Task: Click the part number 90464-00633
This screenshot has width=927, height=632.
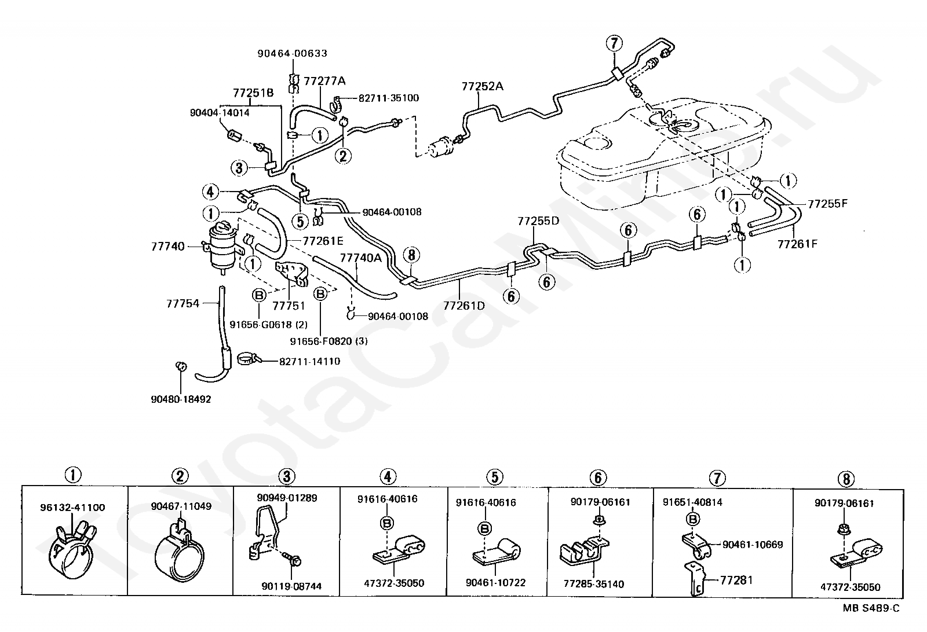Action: click(x=292, y=53)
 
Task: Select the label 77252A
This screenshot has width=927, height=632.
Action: click(x=482, y=86)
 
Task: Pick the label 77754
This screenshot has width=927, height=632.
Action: click(x=183, y=303)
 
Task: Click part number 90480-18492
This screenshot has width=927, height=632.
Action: click(x=181, y=399)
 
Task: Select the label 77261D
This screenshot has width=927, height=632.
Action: click(x=463, y=305)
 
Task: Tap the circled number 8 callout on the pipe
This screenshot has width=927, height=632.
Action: click(x=411, y=255)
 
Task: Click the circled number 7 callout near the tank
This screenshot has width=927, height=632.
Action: click(x=614, y=43)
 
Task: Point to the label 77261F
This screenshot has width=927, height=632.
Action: click(x=797, y=244)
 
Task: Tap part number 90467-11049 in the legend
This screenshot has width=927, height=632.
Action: click(x=181, y=506)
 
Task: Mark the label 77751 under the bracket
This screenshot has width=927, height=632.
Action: click(x=289, y=305)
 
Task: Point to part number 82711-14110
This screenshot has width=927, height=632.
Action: click(x=309, y=362)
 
